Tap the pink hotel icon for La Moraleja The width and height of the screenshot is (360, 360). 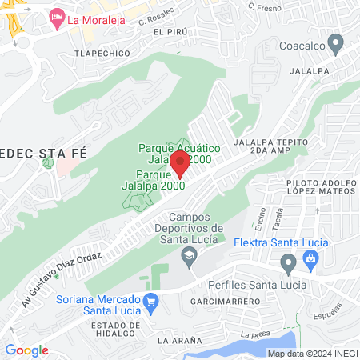click(57, 17)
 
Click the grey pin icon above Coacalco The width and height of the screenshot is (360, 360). click(336, 42)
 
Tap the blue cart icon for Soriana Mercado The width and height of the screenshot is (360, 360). click(150, 301)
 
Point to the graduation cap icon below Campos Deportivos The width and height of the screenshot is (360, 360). click(190, 255)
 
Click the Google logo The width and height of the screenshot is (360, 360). click(26, 350)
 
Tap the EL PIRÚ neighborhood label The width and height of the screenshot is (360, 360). click(170, 32)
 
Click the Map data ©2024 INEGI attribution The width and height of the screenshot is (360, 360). click(312, 353)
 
